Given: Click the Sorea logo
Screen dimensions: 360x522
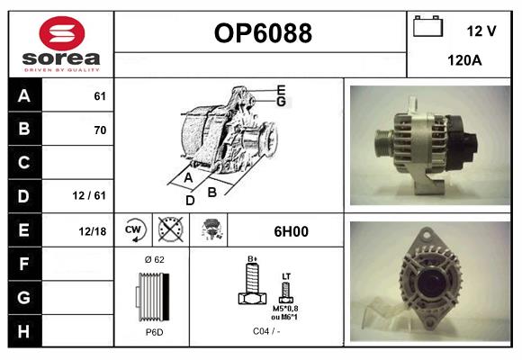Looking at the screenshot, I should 60,43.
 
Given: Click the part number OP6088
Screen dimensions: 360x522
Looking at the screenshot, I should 262,34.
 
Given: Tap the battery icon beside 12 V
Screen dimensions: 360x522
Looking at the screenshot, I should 427,28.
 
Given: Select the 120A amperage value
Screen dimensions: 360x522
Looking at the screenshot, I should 464,60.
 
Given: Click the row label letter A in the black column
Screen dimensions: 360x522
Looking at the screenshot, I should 23,96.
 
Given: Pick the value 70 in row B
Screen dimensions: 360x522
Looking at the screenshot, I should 99,130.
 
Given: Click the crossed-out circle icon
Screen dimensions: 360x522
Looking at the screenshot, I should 171,230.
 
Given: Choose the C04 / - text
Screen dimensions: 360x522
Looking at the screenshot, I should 267,331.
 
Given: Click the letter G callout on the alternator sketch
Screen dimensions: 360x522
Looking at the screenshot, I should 281,102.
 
